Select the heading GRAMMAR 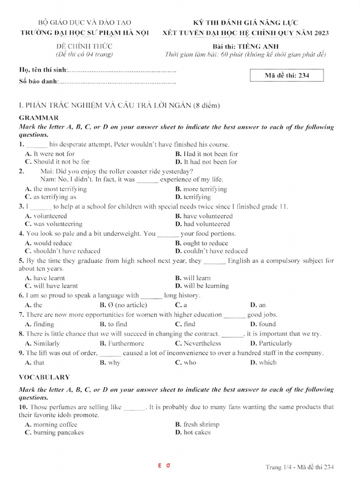(39, 118)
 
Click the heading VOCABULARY (44, 377)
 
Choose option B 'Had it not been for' (206, 154)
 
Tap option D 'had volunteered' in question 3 (202, 224)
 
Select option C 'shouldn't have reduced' (62, 251)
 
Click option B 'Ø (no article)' (123, 305)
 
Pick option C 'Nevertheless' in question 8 (198, 343)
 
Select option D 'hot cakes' (193, 432)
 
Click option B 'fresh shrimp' (197, 424)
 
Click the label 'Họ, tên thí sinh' (43, 70)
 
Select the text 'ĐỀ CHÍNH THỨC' (84, 46)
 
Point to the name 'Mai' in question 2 (47, 171)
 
